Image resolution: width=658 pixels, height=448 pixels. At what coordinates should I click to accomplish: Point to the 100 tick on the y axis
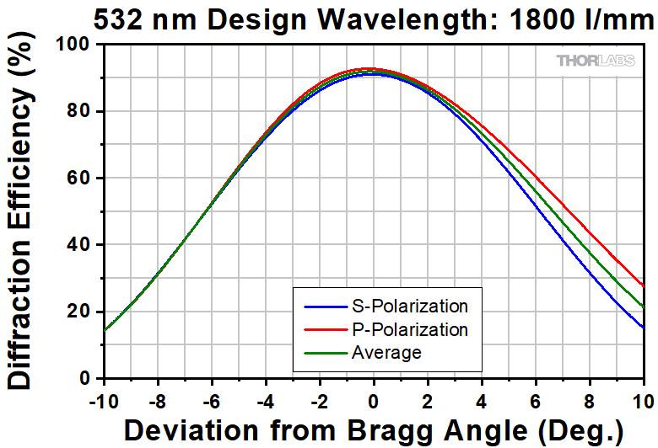click(78, 45)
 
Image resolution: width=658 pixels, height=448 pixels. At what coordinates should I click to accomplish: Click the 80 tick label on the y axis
click(84, 111)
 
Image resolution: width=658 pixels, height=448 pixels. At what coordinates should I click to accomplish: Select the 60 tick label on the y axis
click(84, 178)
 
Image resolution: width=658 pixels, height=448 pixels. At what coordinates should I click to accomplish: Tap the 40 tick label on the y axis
click(84, 245)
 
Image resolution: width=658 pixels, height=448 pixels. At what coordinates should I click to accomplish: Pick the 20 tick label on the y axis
click(84, 312)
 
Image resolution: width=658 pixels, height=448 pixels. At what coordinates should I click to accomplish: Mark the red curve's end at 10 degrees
click(644, 286)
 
